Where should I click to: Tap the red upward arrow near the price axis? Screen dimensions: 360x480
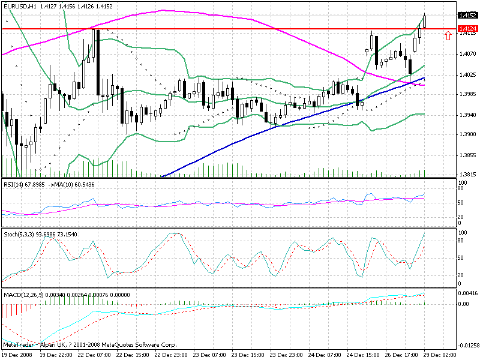click(448, 36)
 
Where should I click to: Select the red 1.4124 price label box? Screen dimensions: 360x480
click(467, 29)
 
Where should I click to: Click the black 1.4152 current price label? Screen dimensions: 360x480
click(467, 16)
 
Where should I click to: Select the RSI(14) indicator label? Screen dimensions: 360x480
click(13, 185)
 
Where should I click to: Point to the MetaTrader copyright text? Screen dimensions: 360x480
click(90, 345)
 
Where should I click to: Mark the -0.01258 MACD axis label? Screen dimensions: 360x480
click(467, 345)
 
